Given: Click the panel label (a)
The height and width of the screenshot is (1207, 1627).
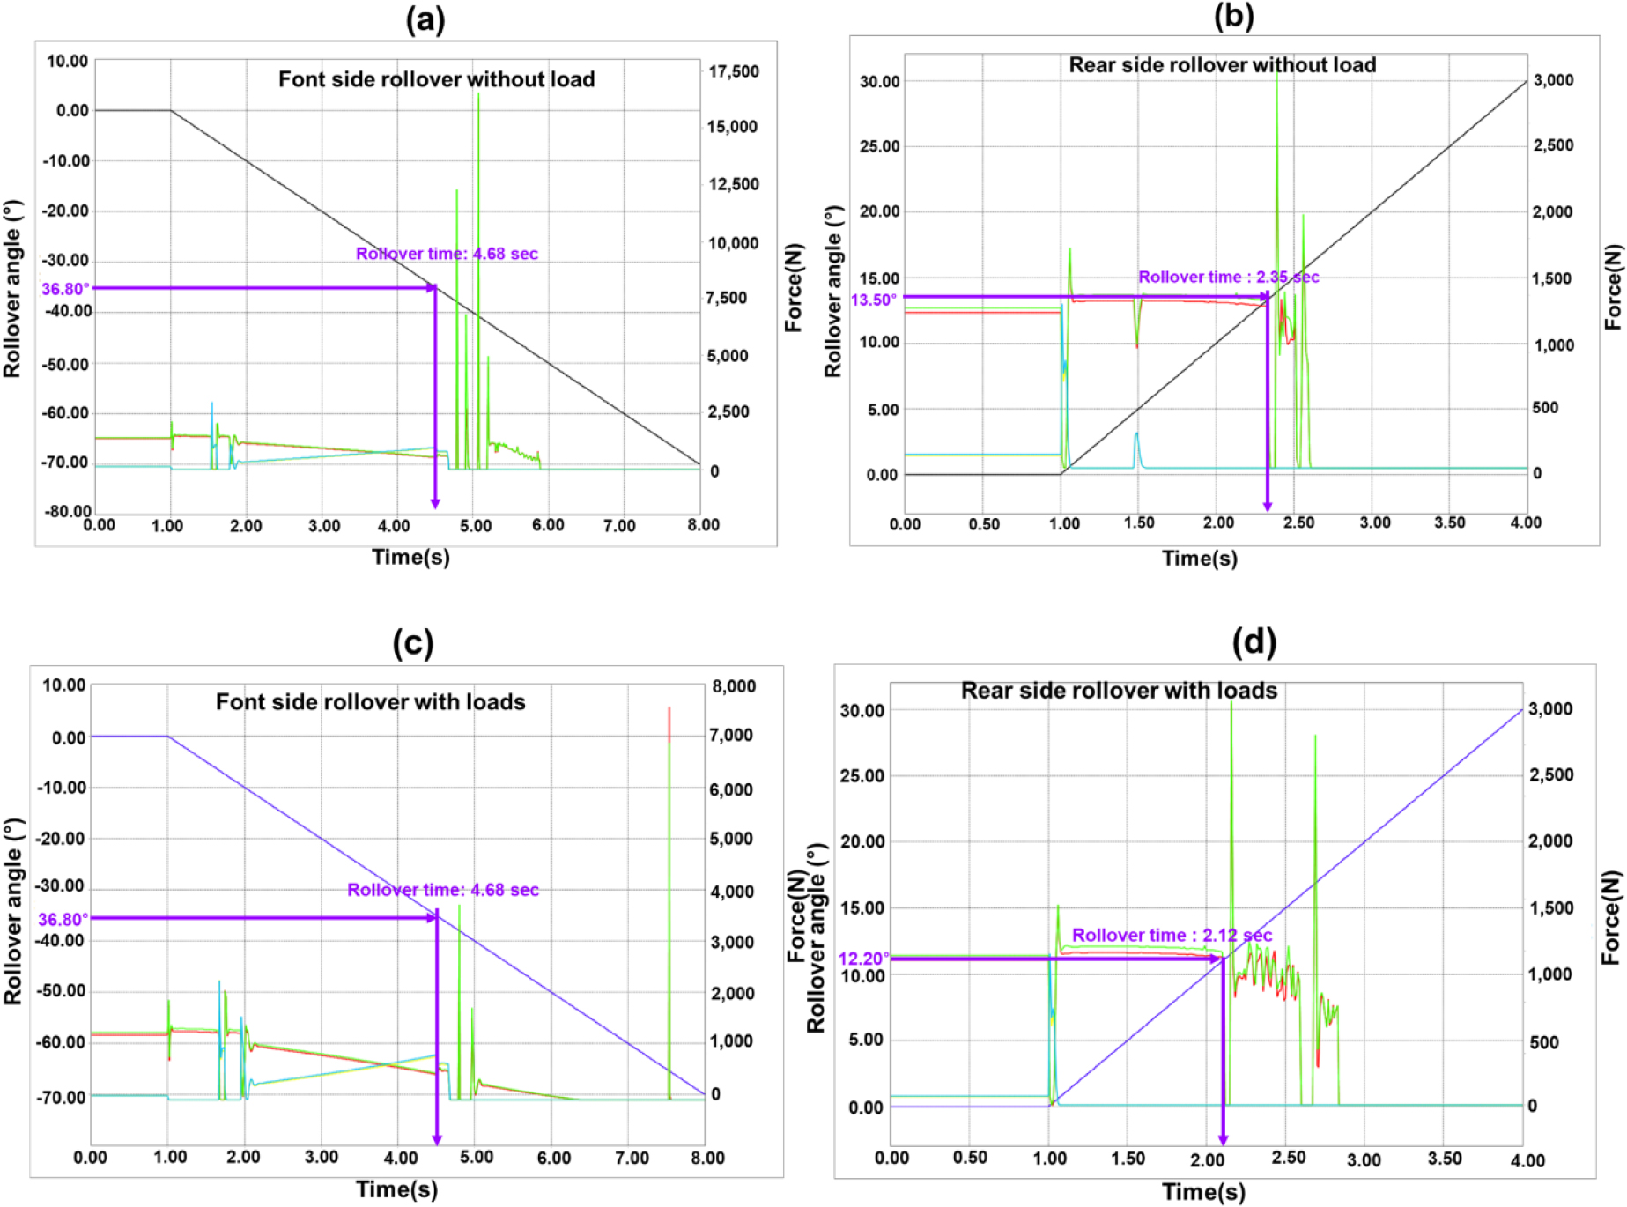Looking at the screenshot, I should tap(425, 19).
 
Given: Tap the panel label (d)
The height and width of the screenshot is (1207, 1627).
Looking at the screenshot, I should tap(1254, 642).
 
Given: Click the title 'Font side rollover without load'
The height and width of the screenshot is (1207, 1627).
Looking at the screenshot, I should tap(436, 79).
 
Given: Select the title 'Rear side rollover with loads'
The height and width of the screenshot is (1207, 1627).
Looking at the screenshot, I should tap(1119, 691).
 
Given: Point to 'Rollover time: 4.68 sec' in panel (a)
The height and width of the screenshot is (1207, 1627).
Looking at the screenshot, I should tap(447, 254).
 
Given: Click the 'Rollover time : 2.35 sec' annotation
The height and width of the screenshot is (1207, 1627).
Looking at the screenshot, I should tap(1228, 277).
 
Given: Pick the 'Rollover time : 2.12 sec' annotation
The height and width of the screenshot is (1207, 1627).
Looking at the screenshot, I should tap(1172, 935).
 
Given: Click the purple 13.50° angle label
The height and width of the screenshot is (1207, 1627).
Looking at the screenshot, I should tap(873, 300).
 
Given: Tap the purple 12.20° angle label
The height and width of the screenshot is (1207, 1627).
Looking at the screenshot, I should tap(863, 959).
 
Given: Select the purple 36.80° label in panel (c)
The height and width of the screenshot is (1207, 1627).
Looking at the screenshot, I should tap(63, 920).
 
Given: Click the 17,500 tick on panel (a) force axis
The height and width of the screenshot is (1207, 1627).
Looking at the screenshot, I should tap(734, 71).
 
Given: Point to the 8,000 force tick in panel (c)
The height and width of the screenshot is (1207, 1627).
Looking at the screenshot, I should tap(733, 686).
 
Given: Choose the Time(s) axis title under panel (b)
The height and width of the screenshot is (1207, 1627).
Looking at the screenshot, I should tap(1199, 558).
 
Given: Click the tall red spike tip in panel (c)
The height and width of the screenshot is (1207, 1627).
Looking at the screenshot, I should tap(669, 708).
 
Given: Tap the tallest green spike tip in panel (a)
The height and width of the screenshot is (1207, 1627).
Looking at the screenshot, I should tap(478, 93).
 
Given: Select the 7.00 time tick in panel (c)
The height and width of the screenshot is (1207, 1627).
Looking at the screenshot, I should tap(632, 1157).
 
